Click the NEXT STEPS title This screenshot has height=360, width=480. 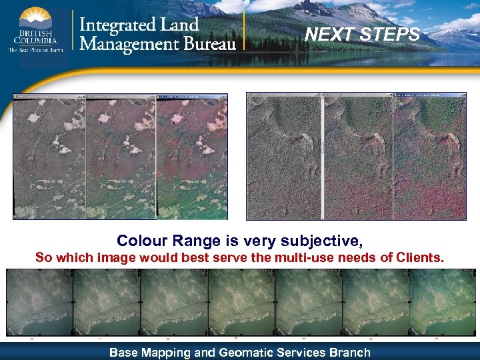click(x=363, y=34)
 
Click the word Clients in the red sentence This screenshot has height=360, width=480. click(x=420, y=257)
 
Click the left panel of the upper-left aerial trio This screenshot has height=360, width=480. click(x=50, y=157)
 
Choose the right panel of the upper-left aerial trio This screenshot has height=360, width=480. click(x=191, y=157)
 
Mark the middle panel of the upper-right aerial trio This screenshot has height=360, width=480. click(x=358, y=157)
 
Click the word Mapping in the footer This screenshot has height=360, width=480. click(x=164, y=352)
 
